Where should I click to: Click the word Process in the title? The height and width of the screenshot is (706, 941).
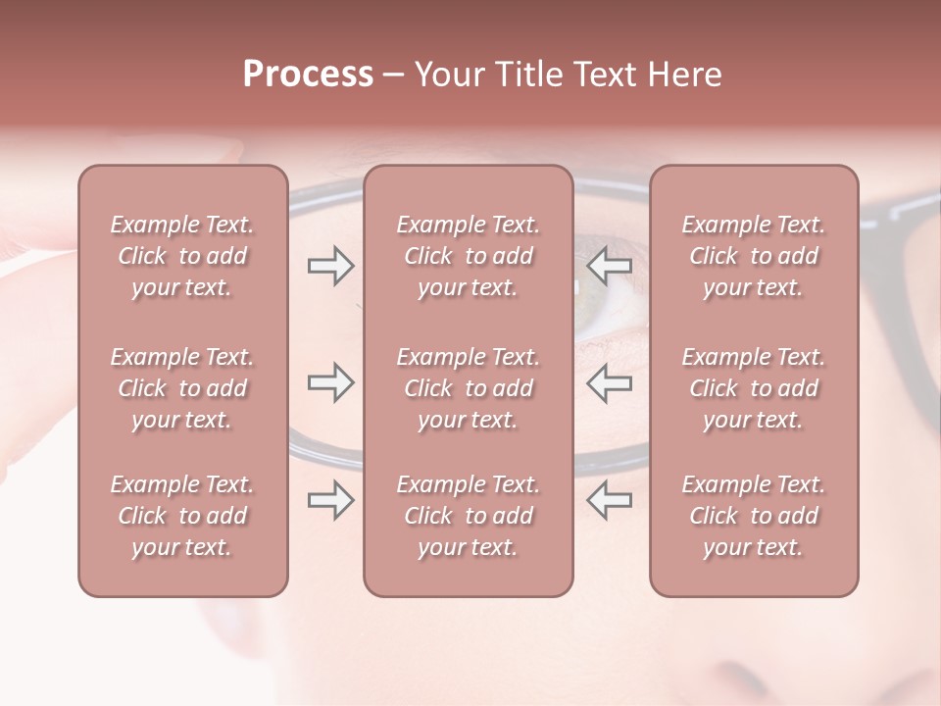(x=308, y=75)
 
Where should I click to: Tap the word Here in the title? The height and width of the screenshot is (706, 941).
(x=684, y=75)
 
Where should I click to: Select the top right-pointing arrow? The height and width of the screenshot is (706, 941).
(x=330, y=266)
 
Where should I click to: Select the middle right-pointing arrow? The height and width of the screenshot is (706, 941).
(x=330, y=382)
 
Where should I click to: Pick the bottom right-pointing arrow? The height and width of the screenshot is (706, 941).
(x=330, y=500)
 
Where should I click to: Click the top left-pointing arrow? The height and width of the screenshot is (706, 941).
(x=609, y=266)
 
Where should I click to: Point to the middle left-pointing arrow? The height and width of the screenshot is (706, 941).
(x=609, y=382)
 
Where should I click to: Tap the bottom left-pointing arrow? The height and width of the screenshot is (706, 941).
(x=609, y=500)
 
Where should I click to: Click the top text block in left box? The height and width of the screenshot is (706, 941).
(x=182, y=256)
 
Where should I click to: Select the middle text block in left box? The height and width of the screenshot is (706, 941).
(x=182, y=388)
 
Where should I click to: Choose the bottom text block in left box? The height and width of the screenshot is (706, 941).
(x=182, y=516)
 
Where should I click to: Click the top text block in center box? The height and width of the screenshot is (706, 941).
(x=468, y=256)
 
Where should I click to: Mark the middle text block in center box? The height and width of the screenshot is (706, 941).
(x=468, y=388)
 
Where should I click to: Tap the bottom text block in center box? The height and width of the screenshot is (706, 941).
(x=468, y=516)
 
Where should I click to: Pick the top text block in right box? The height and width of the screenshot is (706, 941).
(x=754, y=256)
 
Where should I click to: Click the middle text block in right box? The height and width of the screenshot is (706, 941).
(x=754, y=388)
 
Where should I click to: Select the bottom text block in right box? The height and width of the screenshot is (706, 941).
(x=754, y=516)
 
